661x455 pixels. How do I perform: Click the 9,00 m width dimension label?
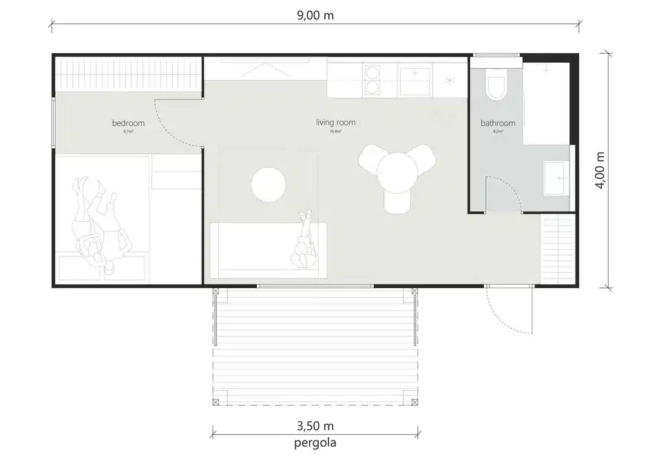[x=315, y=15]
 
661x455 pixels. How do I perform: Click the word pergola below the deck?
[x=315, y=442]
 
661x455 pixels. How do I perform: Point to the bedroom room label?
[x=129, y=123]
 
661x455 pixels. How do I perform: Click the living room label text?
[x=335, y=123]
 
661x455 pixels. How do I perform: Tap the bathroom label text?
[x=498, y=123]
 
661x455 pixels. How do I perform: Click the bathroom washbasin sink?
[x=556, y=178]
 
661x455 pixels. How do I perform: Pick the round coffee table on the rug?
[x=269, y=184]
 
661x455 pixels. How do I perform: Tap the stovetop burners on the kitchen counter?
[x=373, y=80]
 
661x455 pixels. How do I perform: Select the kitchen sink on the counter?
[x=415, y=79]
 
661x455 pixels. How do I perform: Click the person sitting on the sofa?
[x=304, y=243]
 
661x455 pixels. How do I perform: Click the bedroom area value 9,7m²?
[x=129, y=131]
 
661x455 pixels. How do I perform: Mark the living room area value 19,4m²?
[x=335, y=131]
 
